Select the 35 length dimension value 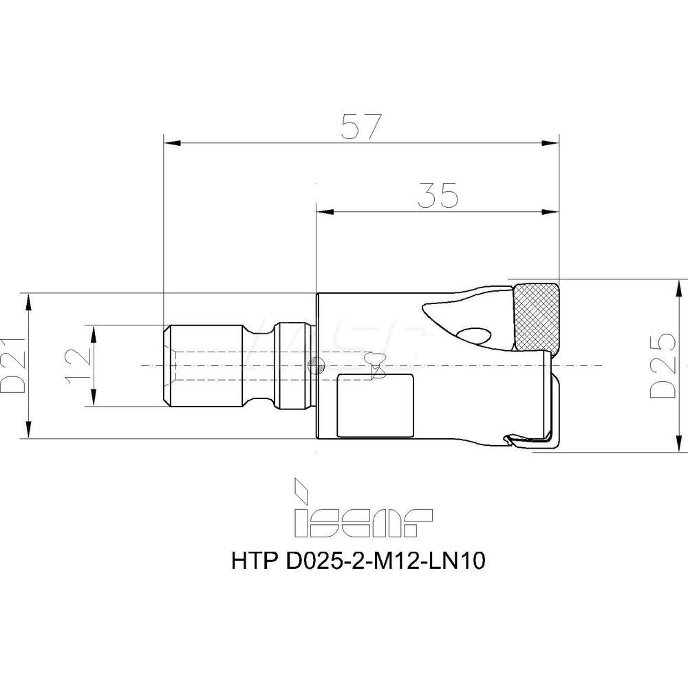[438, 195]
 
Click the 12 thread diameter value [78, 365]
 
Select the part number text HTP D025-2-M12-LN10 [360, 562]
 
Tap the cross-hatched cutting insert [535, 316]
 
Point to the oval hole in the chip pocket [475, 335]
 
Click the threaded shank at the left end [206, 365]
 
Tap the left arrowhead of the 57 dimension [170, 143]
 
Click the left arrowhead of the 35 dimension [323, 210]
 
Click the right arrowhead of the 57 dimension [552, 143]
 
